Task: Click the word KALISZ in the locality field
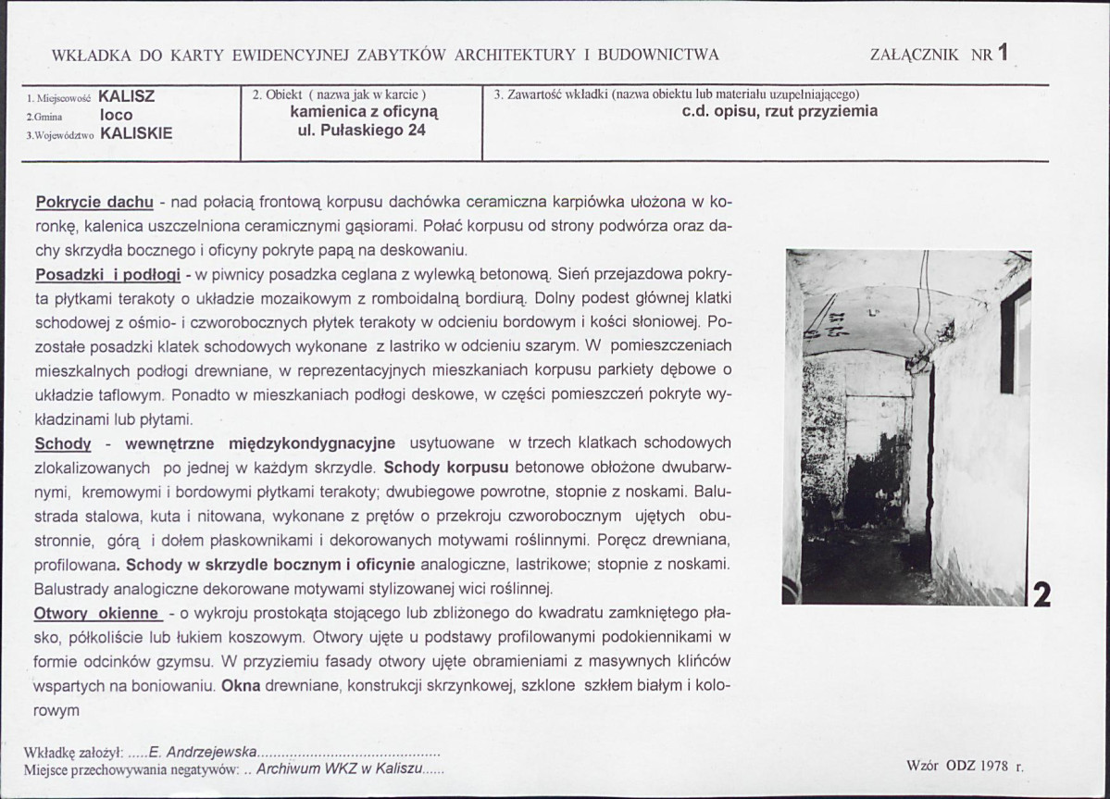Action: coord(126,96)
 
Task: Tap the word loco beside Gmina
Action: coord(117,115)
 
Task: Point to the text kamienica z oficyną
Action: coord(363,112)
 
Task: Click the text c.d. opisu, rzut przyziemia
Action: coord(779,112)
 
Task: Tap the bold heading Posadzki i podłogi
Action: coord(106,275)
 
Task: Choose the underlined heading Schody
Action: coord(63,443)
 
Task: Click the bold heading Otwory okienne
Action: coord(98,613)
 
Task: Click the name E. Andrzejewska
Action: coord(201,753)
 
